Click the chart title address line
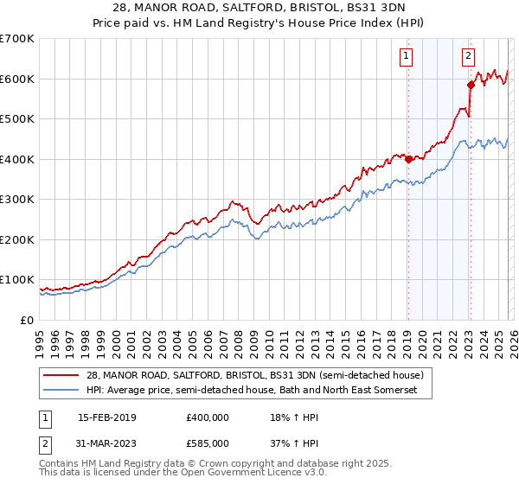259,8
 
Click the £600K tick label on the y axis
17,79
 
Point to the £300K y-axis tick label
17,200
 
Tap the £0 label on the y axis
28,321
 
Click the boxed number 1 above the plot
407,57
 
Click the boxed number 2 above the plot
468,57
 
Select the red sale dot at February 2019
407,159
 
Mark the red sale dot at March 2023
471,85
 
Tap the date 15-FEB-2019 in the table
106,417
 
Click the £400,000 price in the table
208,417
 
